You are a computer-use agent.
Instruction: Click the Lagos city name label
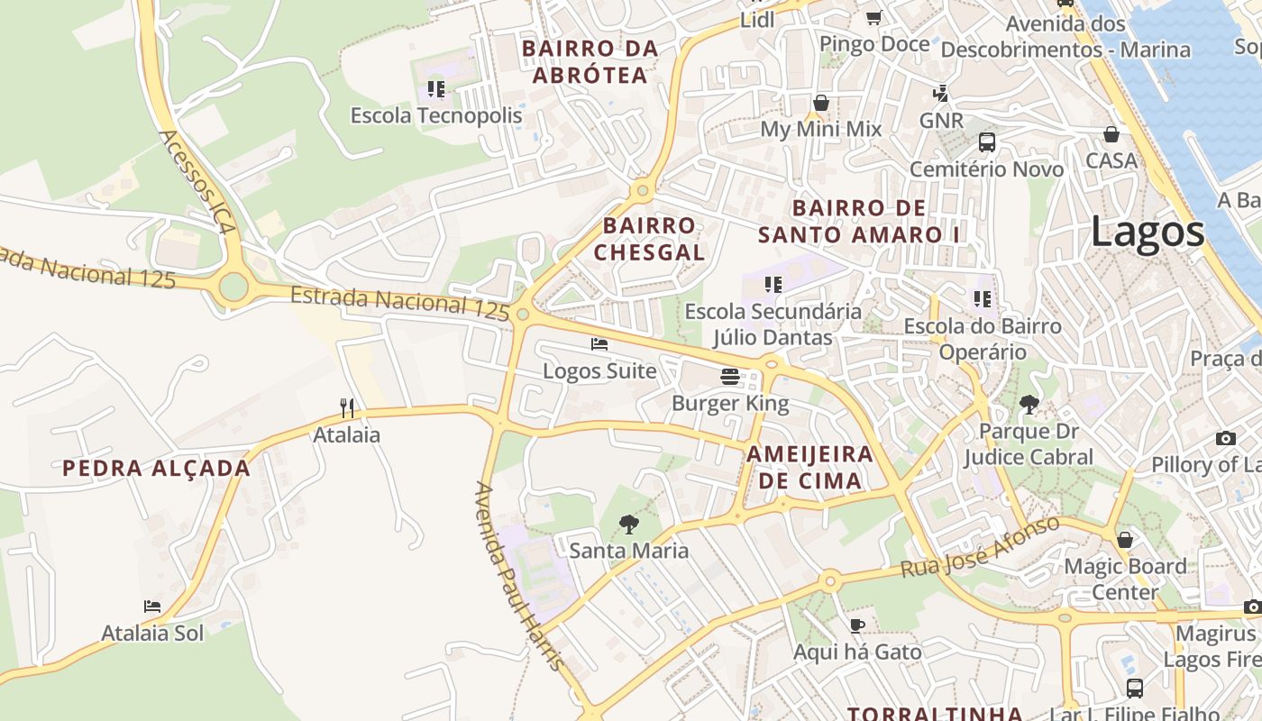coord(1147,233)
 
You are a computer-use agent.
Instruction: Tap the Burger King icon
coord(730,377)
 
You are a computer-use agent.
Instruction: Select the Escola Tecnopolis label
coord(436,115)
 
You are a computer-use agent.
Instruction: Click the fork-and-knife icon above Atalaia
coord(347,408)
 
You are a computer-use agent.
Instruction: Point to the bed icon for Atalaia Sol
coord(152,607)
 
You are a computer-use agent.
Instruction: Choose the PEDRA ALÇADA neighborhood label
coord(156,468)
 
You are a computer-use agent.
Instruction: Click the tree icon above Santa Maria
coord(628,524)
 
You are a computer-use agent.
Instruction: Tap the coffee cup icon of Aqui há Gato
coord(857,625)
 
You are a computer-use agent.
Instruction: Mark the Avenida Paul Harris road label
coord(519,577)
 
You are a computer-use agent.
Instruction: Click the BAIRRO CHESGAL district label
coord(649,239)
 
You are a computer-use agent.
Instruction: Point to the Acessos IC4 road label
coord(197,182)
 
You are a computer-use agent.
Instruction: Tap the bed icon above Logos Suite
coord(599,344)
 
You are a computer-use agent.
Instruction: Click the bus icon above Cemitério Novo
coord(987,142)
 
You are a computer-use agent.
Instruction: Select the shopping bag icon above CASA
coord(1111,134)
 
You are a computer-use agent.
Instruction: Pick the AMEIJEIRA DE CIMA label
coord(809,467)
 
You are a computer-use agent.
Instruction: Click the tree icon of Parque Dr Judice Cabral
coord(1029,405)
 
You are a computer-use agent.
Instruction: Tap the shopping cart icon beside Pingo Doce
coord(873,17)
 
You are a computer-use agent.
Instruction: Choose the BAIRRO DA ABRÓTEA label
coord(590,61)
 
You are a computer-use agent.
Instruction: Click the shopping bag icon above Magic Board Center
coord(1125,540)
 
